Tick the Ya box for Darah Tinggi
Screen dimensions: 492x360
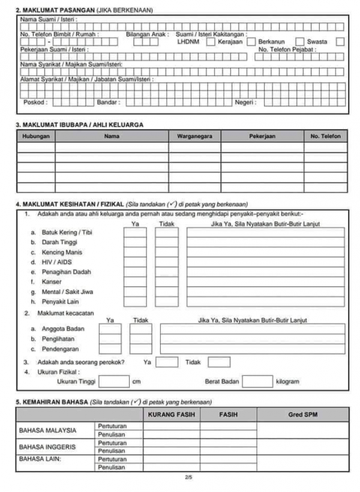pyautogui.click(x=135, y=242)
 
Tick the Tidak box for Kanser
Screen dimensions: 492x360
pyautogui.click(x=166, y=281)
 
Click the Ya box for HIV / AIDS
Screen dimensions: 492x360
pyautogui.click(x=135, y=262)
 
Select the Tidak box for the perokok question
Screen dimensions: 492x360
pyautogui.click(x=219, y=362)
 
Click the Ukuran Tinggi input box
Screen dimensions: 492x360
pyautogui.click(x=114, y=382)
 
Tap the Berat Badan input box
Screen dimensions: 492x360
pyautogui.click(x=257, y=382)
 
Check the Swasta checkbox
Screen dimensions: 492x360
pyautogui.click(x=340, y=42)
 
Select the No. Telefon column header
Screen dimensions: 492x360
pyautogui.click(x=325, y=137)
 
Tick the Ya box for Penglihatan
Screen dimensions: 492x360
pyautogui.click(x=110, y=338)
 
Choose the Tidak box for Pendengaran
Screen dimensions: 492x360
pyautogui.click(x=141, y=349)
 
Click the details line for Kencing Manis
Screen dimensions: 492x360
pyautogui.click(x=265, y=253)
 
